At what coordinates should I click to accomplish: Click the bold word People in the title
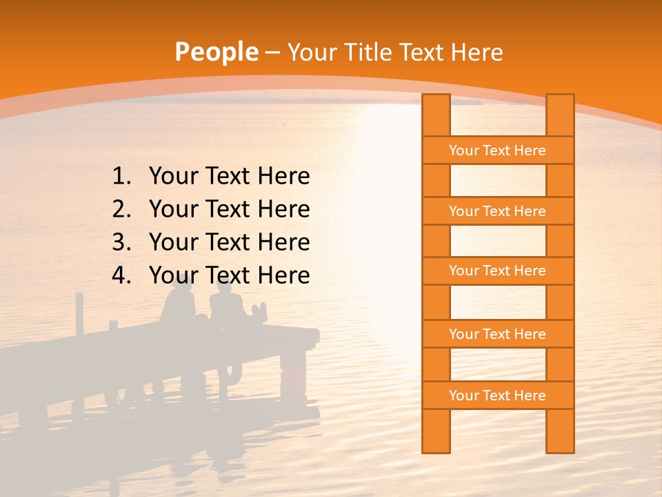click(x=216, y=52)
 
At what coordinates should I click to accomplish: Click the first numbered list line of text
click(x=229, y=177)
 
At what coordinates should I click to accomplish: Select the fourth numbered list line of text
click(x=229, y=275)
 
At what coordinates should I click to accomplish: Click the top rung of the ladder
click(x=497, y=150)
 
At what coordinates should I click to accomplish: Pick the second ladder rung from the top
click(x=497, y=211)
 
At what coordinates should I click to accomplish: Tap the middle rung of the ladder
click(x=497, y=271)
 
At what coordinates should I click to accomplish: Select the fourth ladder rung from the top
click(x=497, y=334)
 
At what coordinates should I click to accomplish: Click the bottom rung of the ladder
click(x=497, y=396)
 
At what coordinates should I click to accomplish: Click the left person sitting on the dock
click(x=179, y=304)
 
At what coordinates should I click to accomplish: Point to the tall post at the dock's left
click(x=79, y=314)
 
